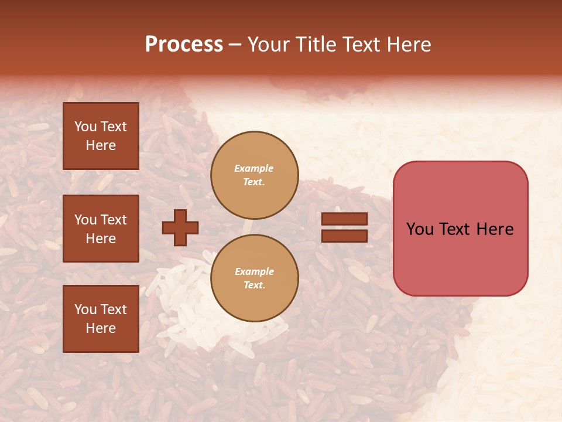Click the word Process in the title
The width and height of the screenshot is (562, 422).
coord(184,45)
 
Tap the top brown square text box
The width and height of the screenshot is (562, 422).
coord(101,136)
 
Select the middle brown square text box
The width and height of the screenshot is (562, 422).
coord(101,229)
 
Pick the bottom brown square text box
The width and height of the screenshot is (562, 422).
coord(101,319)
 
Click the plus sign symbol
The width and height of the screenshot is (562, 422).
coord(180,227)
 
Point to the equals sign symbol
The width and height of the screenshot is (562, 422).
coord(344,227)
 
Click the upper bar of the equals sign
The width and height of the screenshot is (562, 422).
coord(344,219)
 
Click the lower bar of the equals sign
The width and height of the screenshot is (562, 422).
coord(344,236)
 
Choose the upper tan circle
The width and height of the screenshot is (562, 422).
coord(254,175)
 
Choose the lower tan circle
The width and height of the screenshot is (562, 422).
coord(254,278)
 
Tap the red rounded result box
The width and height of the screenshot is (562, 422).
coord(460,229)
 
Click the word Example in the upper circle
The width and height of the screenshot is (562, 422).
coord(254,168)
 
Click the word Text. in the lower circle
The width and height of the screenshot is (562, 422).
coord(254,285)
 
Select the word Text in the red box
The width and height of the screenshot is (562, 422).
coord(459,229)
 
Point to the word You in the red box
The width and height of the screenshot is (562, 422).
coord(420,229)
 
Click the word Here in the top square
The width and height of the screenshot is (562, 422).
coord(101,145)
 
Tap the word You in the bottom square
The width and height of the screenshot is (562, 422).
coord(85,309)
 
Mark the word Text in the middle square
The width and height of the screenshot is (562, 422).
coord(114,220)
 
